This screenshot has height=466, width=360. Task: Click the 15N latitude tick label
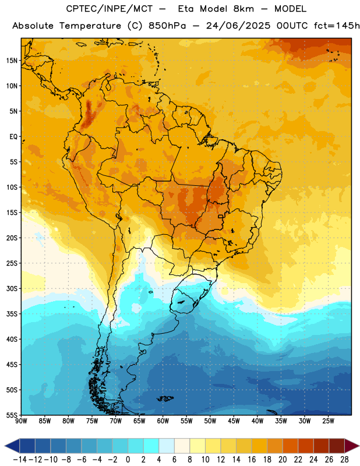tap(12, 61)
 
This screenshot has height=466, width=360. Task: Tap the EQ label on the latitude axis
tap(13, 137)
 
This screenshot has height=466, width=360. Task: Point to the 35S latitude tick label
tap(12, 314)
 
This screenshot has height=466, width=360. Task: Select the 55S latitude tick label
tap(12, 415)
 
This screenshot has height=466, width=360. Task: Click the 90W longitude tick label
tap(21, 421)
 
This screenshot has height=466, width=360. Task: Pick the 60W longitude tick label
tap(163, 421)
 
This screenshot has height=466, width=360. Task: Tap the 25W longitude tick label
tap(328, 421)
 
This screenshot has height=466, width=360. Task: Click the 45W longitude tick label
tap(234, 421)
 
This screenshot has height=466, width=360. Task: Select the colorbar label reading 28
tap(344, 460)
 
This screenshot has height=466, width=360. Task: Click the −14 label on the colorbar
tap(20, 460)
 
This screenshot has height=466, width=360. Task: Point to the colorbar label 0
tap(128, 460)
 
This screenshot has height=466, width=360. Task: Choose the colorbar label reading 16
tap(252, 460)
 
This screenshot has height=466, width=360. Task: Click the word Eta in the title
tap(186, 9)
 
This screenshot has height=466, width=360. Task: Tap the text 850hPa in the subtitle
tap(167, 26)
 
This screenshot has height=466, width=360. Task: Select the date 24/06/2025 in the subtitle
tap(238, 26)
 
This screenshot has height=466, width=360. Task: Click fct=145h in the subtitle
tap(337, 26)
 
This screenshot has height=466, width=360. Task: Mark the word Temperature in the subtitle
tap(90, 26)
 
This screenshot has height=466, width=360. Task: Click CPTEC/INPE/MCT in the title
tap(110, 9)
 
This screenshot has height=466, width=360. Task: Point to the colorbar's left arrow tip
tap(5, 446)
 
